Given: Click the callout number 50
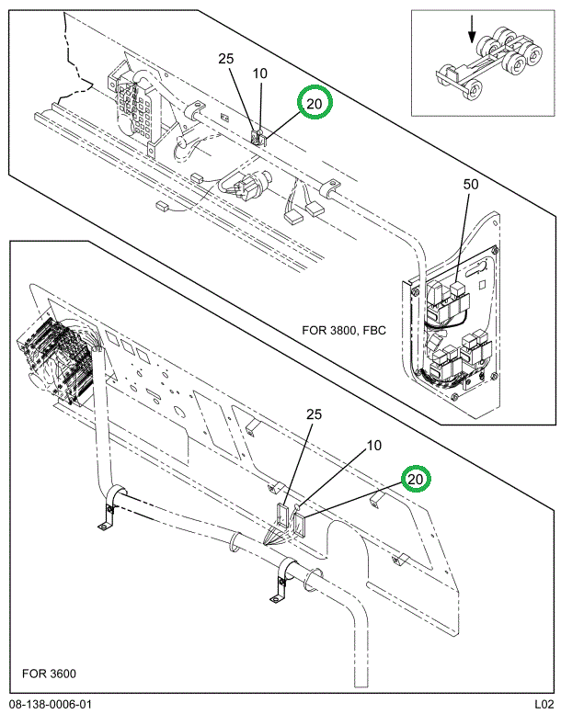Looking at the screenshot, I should coord(470,185).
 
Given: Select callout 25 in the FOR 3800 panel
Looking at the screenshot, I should coord(225,60).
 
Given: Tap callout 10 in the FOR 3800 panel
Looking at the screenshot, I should coord(260,74).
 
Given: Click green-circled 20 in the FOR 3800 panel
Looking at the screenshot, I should coord(314,104).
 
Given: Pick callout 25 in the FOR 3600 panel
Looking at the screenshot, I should coord(313,414).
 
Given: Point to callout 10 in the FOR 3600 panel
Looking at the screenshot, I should coord(373,447).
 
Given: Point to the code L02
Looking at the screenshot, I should coord(540,704).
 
